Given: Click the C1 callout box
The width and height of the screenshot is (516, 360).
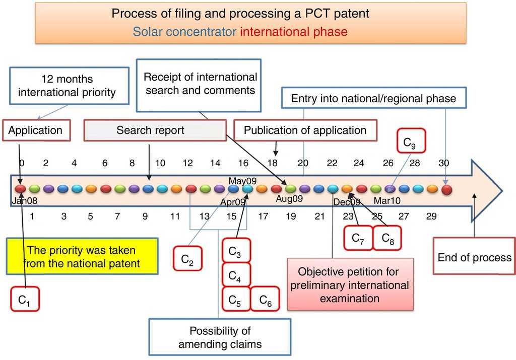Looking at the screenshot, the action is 25,299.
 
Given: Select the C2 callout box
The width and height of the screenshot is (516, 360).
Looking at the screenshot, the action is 187,258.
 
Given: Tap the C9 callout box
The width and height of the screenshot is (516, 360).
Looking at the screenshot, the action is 411,140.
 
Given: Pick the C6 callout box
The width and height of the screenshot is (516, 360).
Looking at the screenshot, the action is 265,299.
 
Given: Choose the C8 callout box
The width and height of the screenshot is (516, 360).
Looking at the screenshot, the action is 387,238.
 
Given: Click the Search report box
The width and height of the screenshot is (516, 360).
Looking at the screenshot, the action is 155,130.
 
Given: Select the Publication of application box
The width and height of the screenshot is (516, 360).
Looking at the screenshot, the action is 305,130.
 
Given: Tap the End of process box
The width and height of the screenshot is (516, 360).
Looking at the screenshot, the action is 474,256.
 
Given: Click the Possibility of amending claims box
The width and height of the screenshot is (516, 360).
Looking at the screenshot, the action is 220,337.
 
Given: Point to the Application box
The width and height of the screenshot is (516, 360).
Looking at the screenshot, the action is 36,130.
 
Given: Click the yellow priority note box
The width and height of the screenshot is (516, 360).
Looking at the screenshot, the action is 82,256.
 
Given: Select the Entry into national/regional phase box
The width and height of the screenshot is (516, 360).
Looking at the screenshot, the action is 374,98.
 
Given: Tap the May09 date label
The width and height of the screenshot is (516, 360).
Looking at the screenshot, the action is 242,181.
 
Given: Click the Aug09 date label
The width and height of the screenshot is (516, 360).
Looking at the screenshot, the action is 289,198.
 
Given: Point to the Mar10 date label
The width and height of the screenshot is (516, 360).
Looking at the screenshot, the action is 387,200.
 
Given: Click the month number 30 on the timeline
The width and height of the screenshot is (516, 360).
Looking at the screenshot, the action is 443,163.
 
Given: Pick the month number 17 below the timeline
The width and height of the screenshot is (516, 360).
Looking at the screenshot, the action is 263,216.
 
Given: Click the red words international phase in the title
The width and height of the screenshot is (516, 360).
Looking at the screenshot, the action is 294,32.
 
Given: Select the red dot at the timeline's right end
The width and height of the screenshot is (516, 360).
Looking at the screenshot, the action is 446,189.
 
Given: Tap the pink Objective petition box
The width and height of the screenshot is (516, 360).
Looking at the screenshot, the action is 350,284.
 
